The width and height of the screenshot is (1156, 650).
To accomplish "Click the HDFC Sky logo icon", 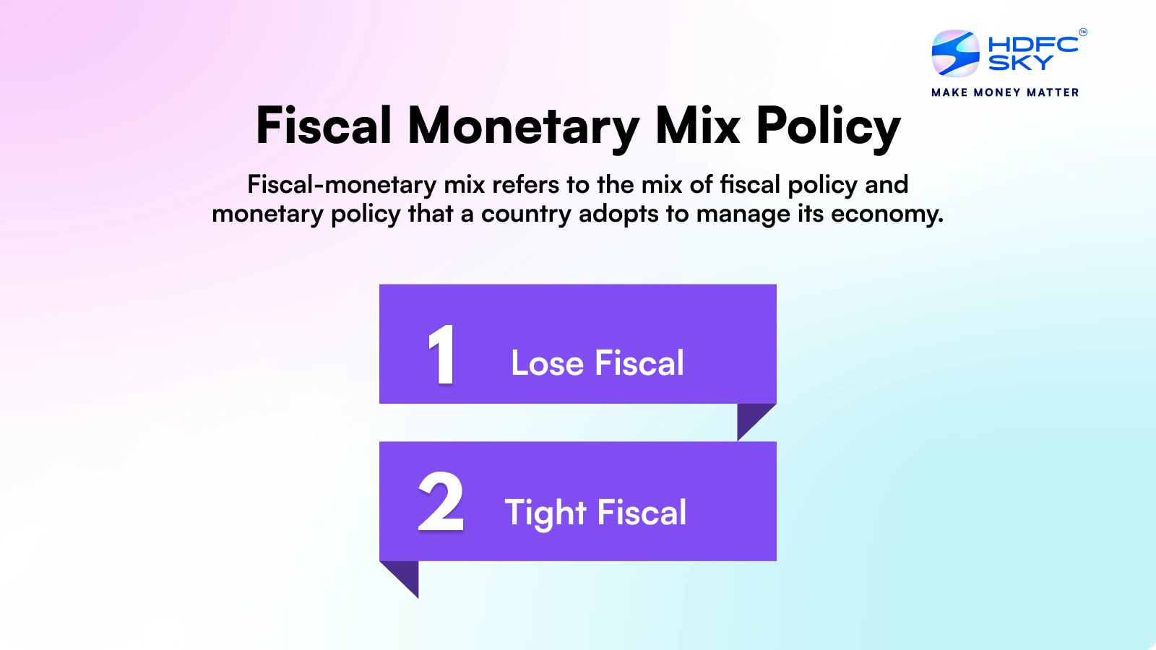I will [955, 53].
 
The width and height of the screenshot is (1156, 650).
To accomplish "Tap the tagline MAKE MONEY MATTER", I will [1005, 92].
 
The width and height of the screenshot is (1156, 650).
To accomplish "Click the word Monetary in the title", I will [523, 126].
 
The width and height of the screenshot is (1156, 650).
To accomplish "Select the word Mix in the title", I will [697, 126].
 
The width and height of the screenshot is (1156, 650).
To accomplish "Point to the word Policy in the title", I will [828, 126].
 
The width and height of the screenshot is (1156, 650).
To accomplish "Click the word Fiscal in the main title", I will [324, 126].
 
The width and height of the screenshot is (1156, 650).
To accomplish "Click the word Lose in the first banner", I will [547, 363].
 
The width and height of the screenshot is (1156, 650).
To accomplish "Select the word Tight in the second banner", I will [545, 513].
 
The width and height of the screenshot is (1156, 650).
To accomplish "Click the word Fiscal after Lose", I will [639, 363].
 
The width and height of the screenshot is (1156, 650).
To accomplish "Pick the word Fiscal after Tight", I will [642, 513].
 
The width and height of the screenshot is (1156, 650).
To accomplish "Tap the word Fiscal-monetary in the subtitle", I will [342, 185].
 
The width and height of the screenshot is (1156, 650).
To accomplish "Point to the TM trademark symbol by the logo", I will [1082, 32].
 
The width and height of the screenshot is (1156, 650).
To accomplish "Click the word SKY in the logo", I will [1020, 64].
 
